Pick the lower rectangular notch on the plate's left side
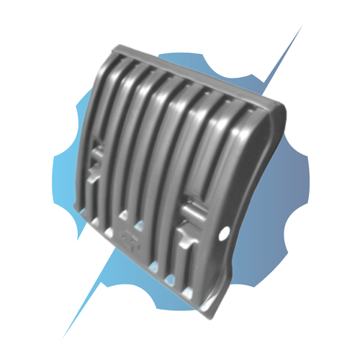[92, 176]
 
